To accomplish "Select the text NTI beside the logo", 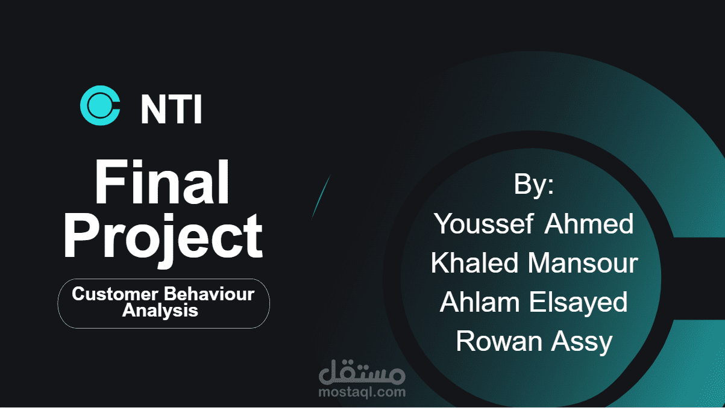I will [x=171, y=109].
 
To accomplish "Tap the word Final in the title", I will [x=162, y=184].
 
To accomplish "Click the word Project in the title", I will [x=163, y=235].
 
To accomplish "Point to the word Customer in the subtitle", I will [x=110, y=294].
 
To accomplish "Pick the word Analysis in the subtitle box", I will [x=160, y=311].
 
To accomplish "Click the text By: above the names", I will [x=533, y=184].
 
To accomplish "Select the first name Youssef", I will [x=484, y=224].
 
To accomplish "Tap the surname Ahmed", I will [x=589, y=224].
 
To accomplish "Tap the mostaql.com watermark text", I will [x=362, y=392].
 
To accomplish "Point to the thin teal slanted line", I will [x=321, y=196].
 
